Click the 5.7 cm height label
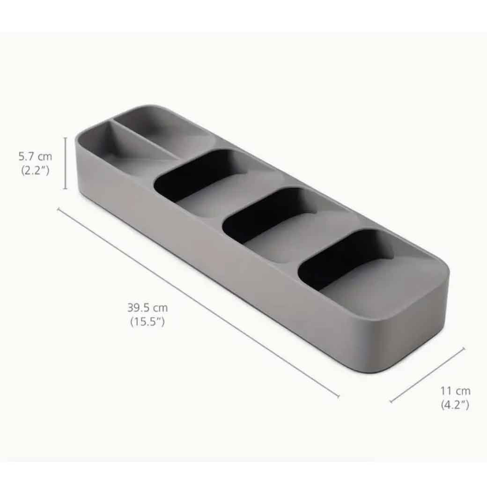click(x=35, y=156)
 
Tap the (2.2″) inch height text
click(x=36, y=170)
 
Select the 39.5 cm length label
click(x=148, y=308)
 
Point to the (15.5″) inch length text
click(x=148, y=321)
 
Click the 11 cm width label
click(x=455, y=391)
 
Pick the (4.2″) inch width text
click(x=455, y=405)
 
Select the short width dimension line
click(x=428, y=375)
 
